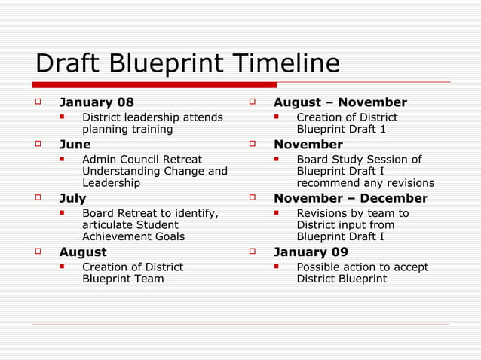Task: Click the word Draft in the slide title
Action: click(67, 63)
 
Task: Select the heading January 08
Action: click(97, 102)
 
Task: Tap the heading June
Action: click(75, 145)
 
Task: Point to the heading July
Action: click(73, 199)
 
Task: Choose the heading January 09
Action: click(311, 252)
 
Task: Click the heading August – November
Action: click(340, 102)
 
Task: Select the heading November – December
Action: click(351, 199)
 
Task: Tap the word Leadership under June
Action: click(111, 183)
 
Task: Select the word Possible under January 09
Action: click(320, 267)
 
